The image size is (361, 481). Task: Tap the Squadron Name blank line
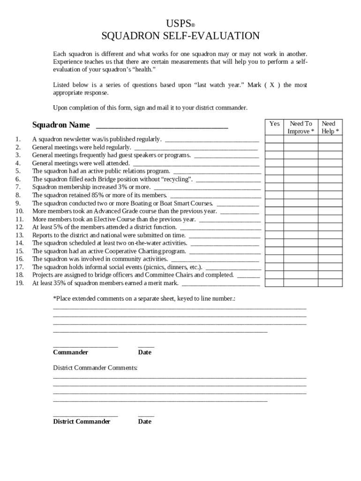pos(162,125)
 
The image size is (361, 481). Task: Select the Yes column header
pos(274,124)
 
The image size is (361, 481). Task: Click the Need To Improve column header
pos(301,127)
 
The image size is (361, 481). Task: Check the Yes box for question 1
pos(274,140)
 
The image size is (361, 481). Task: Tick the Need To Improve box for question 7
pos(301,187)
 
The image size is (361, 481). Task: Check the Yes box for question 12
pos(274,227)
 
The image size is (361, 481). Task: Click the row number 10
pos(19,211)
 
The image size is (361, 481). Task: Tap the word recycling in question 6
pos(177,179)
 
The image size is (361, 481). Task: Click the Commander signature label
pos(70,352)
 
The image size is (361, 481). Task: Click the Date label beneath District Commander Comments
pos(145,421)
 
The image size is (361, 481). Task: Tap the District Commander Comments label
pos(95,367)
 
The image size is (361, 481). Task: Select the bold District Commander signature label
pos(82,421)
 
